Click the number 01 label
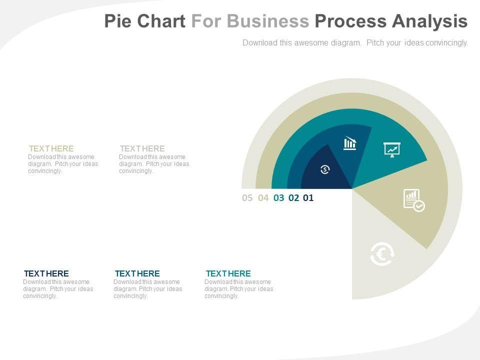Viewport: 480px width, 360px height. (308, 197)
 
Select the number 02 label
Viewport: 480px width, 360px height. (293, 197)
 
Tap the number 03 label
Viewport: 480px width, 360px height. (278, 197)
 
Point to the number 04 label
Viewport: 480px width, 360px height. (263, 197)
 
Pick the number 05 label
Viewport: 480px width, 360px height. (247, 197)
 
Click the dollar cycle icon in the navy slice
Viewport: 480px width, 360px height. (325, 169)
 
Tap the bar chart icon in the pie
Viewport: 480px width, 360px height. (350, 143)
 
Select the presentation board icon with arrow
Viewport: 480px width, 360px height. (392, 149)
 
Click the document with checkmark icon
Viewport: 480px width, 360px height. (413, 200)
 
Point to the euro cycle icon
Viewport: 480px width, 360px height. (382, 254)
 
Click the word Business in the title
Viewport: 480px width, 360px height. (268, 21)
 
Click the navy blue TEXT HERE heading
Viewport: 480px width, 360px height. (46, 273)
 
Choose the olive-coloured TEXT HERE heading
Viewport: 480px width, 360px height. (51, 148)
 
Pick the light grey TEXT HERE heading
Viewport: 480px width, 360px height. (142, 148)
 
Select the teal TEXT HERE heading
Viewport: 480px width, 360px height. (228, 273)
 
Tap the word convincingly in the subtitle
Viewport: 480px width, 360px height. (445, 43)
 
